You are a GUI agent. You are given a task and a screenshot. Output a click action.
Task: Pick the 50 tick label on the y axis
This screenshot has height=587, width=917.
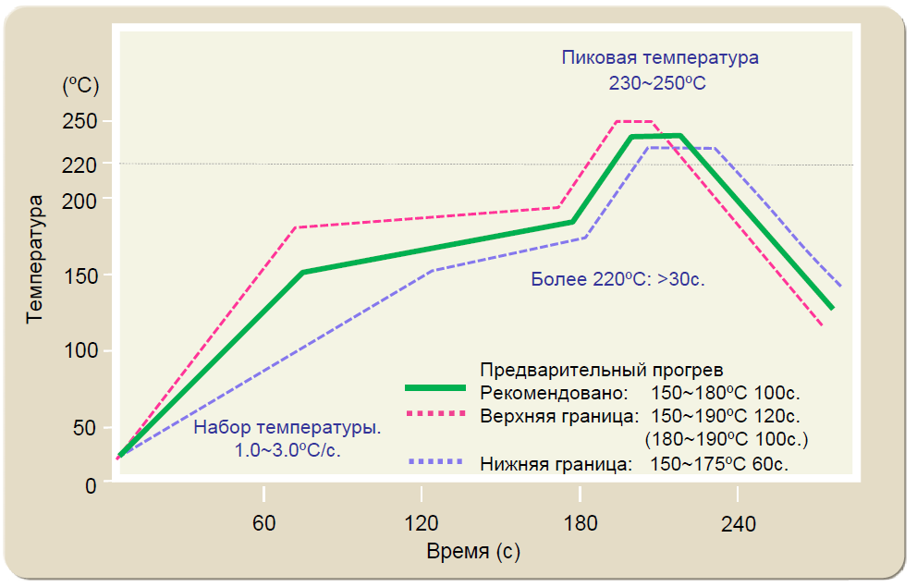[x=85, y=428]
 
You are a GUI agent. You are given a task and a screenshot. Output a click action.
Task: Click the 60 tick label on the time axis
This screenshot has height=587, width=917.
[x=264, y=524]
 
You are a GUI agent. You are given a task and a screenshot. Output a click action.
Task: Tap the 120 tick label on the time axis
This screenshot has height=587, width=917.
[x=422, y=524]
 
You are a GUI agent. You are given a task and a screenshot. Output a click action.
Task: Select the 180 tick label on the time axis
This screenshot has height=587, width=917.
[x=580, y=524]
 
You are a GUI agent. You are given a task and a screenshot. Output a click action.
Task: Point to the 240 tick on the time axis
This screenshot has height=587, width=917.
[x=738, y=524]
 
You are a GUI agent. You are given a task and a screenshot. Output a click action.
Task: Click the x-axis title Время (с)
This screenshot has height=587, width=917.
[x=472, y=553]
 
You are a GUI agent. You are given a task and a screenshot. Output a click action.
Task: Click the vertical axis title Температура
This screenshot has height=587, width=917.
[x=35, y=258]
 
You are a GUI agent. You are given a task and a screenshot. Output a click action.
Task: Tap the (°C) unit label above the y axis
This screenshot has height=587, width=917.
[x=79, y=86]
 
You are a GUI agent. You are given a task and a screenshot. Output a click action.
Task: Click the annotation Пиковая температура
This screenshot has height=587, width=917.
[x=660, y=57]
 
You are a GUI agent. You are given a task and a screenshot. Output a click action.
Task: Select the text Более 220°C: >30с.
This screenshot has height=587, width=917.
[x=618, y=279]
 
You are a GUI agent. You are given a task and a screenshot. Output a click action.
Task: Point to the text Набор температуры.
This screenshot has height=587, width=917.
[x=287, y=429]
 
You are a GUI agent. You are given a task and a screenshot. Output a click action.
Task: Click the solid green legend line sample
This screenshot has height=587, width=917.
[x=436, y=386]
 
